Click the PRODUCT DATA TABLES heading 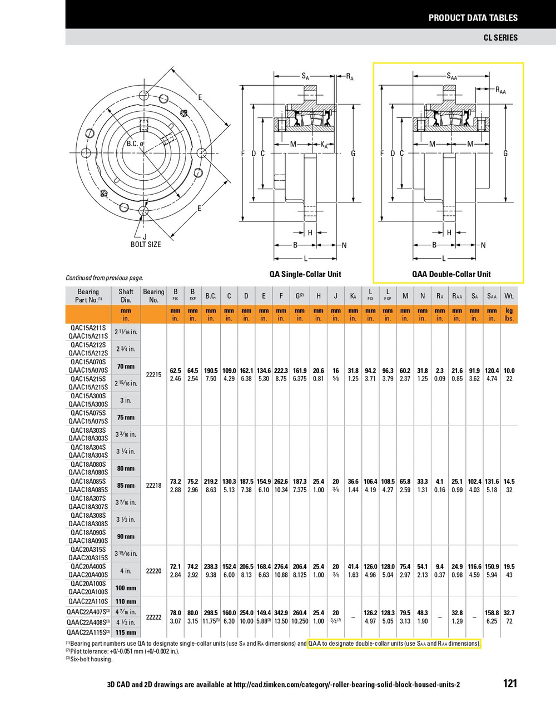[473, 18]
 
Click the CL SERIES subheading [500, 37]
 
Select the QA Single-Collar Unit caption [305, 274]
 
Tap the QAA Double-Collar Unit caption [451, 274]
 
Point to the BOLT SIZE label [146, 244]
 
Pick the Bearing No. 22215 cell [153, 375]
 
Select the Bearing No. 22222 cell [153, 617]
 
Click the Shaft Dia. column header [126, 295]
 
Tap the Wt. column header [509, 296]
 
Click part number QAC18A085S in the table [88, 481]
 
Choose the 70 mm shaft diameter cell [126, 367]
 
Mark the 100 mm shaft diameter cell [126, 588]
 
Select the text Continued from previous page [105, 278]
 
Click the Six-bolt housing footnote [89, 659]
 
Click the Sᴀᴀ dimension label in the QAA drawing [451, 76]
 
